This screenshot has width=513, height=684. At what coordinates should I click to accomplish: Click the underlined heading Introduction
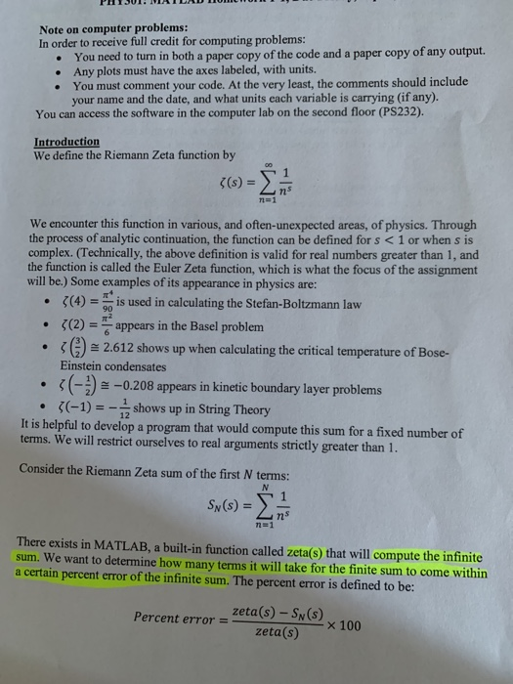click(66, 142)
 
